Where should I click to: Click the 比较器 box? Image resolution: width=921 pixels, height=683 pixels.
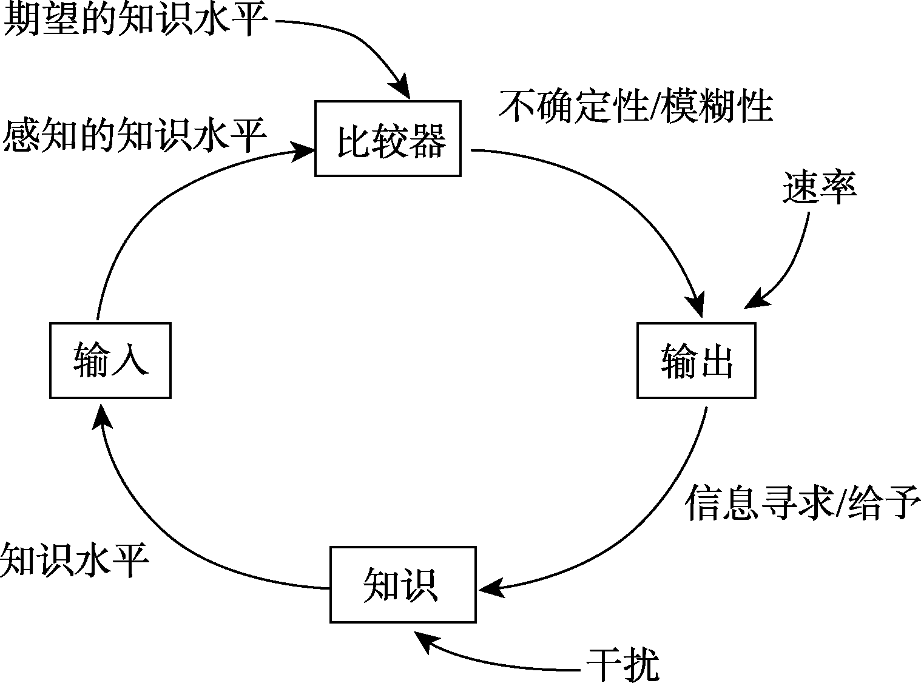(388, 139)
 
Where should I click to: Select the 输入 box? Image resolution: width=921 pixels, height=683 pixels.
(110, 360)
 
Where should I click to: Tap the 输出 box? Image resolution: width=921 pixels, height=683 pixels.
(696, 360)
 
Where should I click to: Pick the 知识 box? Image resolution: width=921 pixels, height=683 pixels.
(403, 584)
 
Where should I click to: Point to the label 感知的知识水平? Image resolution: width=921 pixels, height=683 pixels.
(135, 136)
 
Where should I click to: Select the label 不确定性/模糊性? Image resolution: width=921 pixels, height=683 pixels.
(635, 107)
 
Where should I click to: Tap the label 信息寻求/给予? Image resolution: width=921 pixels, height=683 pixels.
(803, 503)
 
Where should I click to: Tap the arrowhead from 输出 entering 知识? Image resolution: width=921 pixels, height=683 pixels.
(490, 588)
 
